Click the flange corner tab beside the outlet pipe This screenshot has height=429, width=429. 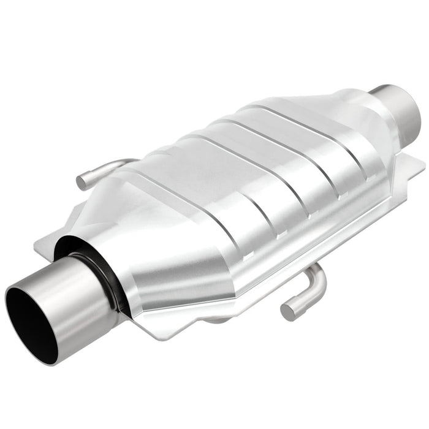tap(417, 159)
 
